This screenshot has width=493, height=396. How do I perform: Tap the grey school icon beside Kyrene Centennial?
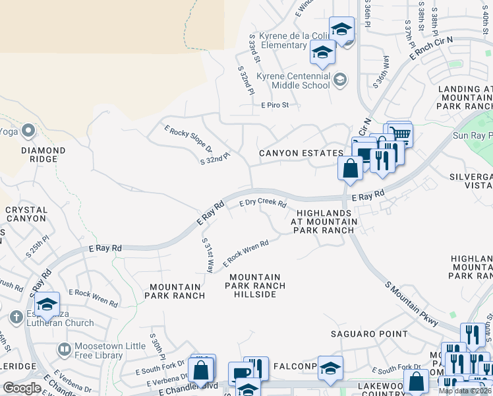pyautogui.click(x=339, y=81)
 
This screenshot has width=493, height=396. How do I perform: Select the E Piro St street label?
pyautogui.click(x=280, y=105)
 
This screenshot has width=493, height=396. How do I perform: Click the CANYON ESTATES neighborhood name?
pyautogui.click(x=301, y=153)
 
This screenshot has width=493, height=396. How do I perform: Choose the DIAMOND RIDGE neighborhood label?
pyautogui.click(x=43, y=154)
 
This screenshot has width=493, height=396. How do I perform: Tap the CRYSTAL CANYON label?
pyautogui.click(x=26, y=214)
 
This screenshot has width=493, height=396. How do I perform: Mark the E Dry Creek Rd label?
pyautogui.click(x=262, y=204)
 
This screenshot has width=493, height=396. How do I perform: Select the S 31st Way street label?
pyautogui.click(x=208, y=255)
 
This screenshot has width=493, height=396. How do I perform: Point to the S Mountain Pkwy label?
pyautogui.click(x=412, y=304)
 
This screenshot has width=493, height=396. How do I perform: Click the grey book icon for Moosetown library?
pyautogui.click(x=64, y=348)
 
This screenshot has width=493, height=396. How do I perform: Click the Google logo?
pyautogui.click(x=22, y=388)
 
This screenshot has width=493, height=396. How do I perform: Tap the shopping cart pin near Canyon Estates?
pyautogui.click(x=399, y=135)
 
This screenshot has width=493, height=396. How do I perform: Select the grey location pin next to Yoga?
pyautogui.click(x=28, y=131)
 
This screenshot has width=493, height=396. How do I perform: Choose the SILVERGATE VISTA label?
pyautogui.click(x=471, y=182)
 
